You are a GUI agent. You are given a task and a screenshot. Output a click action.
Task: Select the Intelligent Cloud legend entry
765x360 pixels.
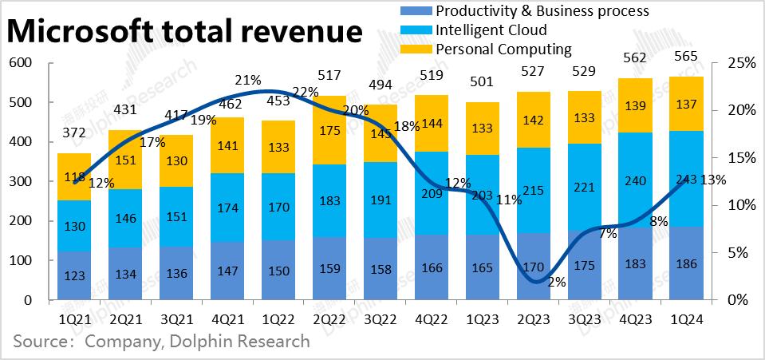click(491, 30)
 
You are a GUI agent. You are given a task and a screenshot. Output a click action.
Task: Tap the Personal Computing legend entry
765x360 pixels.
click(503, 49)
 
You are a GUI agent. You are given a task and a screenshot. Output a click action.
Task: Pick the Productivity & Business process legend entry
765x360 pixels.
click(542, 11)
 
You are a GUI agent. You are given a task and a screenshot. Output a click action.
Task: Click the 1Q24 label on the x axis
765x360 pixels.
click(687, 319)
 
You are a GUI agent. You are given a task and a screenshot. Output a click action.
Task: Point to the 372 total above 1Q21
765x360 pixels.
click(73, 133)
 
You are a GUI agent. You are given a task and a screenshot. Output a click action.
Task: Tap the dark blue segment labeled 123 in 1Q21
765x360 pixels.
click(73, 276)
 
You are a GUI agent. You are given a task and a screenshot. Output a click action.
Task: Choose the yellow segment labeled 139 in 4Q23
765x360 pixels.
click(636, 105)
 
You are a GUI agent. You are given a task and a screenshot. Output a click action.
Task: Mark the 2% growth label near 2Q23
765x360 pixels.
click(557, 282)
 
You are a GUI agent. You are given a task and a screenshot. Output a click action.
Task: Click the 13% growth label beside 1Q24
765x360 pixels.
click(713, 180)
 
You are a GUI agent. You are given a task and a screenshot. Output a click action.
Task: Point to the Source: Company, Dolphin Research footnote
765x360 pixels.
click(161, 342)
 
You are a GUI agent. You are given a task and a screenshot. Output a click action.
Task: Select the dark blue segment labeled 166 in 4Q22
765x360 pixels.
click(432, 267)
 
